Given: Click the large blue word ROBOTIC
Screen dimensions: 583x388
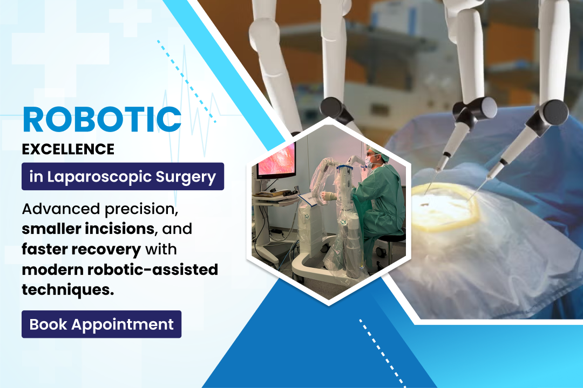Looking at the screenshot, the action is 102,120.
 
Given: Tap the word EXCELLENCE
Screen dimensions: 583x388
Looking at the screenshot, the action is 68,149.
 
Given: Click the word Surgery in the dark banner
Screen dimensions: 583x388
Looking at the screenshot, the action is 186,177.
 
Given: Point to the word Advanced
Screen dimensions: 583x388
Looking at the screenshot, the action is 61,209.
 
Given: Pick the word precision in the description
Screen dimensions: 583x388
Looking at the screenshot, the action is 141,210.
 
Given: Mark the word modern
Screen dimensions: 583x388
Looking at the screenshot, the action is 52,269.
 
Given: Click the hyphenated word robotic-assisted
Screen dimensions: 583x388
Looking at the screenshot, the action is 153,269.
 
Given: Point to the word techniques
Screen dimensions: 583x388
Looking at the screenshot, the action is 67,290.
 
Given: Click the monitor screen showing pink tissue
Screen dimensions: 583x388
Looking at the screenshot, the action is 276,160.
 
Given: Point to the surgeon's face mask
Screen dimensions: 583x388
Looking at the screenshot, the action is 369,161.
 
